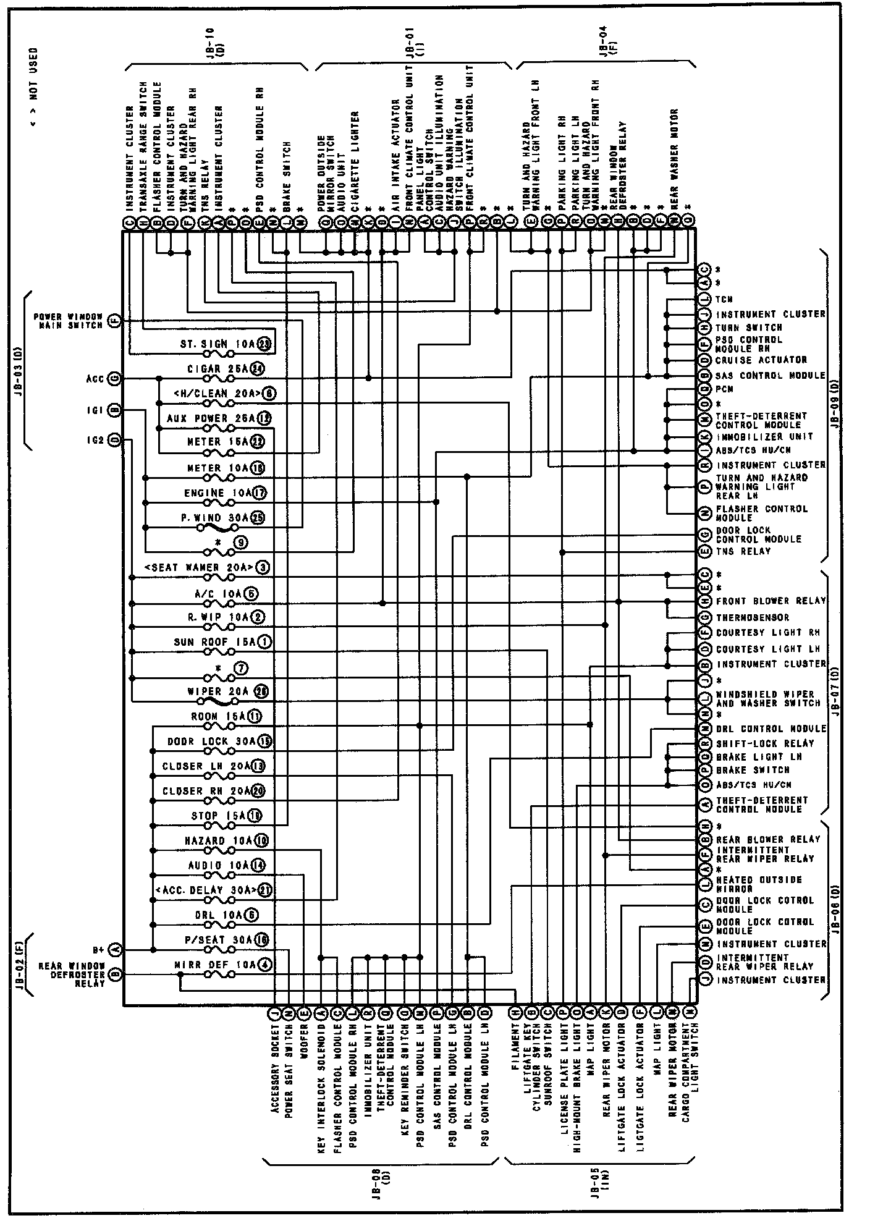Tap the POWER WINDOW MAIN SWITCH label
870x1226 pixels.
69,320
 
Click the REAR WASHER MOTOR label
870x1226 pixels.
675,158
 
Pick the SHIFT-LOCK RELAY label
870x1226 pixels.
765,743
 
